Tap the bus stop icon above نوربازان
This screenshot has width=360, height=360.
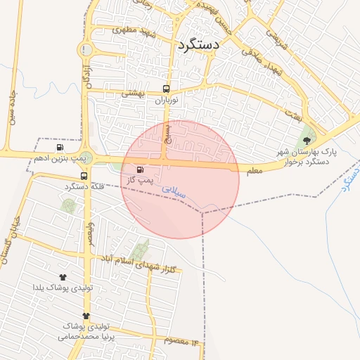(x=167, y=89)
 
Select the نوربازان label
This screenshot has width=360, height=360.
(x=167, y=101)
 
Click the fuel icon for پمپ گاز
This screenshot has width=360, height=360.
(x=139, y=169)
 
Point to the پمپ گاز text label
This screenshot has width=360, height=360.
(x=140, y=181)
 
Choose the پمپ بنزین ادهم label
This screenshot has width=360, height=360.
(x=60, y=160)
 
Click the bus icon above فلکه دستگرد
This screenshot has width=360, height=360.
(x=84, y=175)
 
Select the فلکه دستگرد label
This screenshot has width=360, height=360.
(x=84, y=186)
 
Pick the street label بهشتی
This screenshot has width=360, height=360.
(x=133, y=93)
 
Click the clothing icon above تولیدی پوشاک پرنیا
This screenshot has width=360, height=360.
(x=86, y=316)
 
